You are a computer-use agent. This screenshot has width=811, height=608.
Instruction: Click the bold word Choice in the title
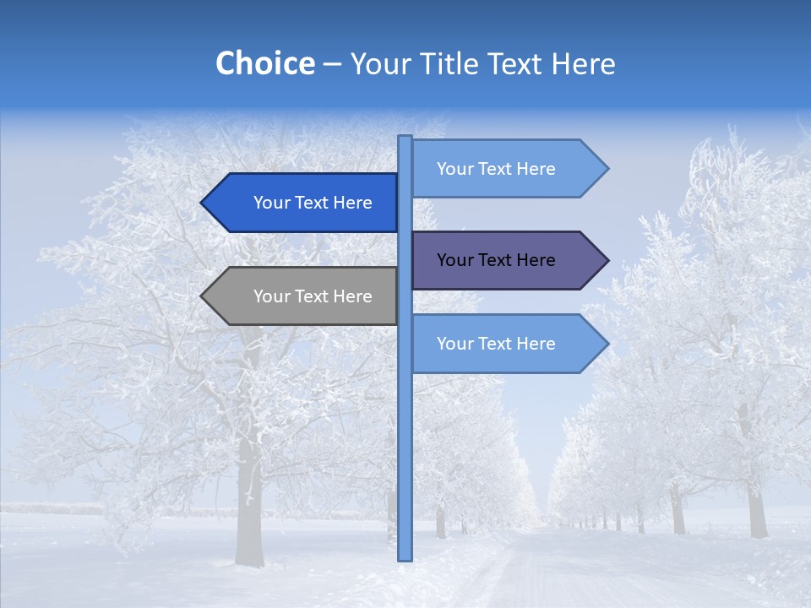coord(264,63)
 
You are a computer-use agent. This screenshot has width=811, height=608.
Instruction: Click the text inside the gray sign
coord(313,296)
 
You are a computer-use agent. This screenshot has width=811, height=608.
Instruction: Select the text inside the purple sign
coord(496,260)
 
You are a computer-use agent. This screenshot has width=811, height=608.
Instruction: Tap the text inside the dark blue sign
coord(313,203)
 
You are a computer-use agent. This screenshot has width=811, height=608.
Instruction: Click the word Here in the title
coord(583,63)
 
